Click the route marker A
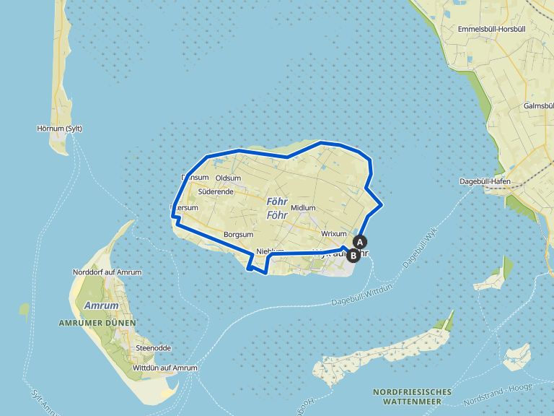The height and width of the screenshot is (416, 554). tap(360, 242)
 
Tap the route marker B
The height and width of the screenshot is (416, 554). tap(353, 255)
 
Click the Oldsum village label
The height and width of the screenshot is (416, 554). tap(229, 178)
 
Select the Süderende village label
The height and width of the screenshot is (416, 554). tap(215, 192)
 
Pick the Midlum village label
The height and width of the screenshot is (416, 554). tap(303, 208)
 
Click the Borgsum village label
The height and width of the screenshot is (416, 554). tap(239, 235)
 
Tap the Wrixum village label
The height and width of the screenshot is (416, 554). tap(334, 234)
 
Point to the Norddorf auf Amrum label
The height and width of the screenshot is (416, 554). tap(107, 272)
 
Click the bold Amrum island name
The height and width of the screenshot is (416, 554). tap(96, 306)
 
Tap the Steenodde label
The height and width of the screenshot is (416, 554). tap(153, 348)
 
